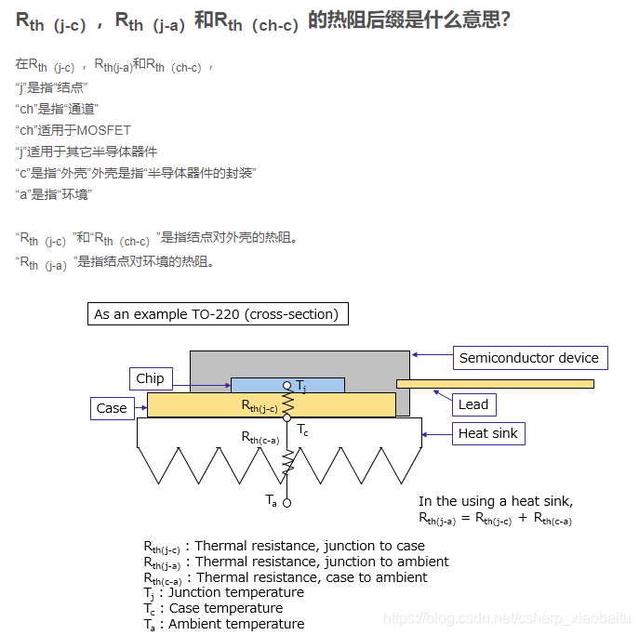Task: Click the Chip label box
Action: click(x=150, y=378)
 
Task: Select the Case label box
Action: click(x=112, y=408)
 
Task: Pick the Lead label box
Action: click(x=473, y=404)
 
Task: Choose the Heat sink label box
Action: click(x=487, y=433)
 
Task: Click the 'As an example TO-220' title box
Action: click(x=217, y=314)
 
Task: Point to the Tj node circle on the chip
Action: click(x=287, y=385)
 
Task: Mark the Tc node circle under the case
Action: click(x=287, y=418)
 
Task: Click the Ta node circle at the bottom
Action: click(x=287, y=503)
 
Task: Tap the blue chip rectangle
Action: click(x=260, y=385)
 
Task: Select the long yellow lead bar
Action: click(x=495, y=383)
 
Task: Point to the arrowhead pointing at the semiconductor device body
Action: click(x=415, y=354)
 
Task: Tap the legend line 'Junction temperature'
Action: click(x=236, y=592)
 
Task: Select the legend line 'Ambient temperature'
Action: click(x=236, y=624)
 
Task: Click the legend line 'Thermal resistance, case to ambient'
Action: click(x=312, y=577)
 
